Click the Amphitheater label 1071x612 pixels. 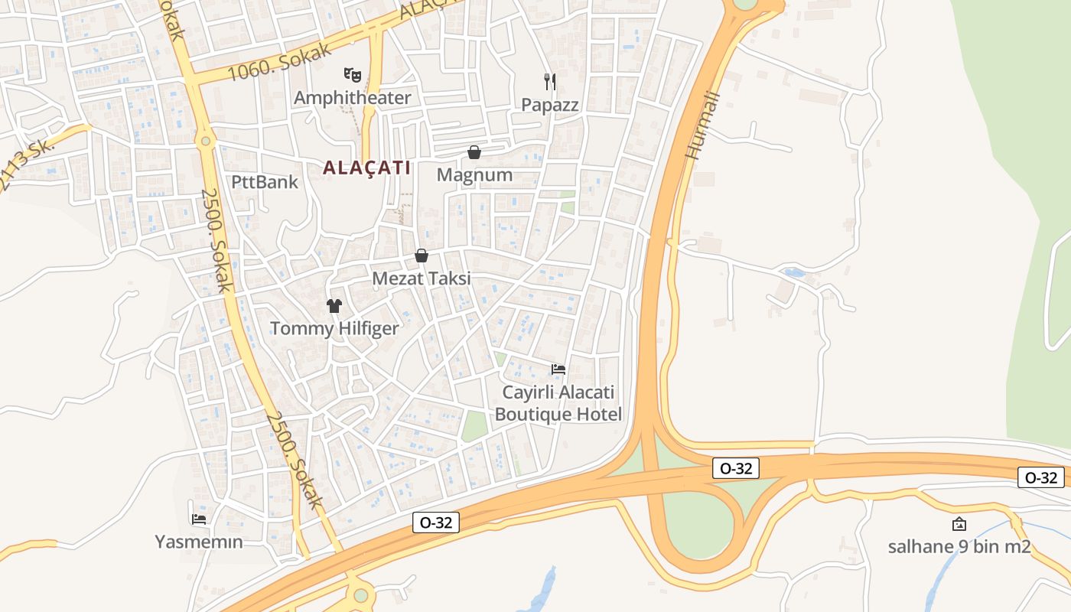[x=352, y=98]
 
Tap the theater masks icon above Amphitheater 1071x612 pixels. [x=352, y=74]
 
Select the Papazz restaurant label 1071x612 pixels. [x=550, y=105]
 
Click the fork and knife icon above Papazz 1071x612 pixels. [x=549, y=80]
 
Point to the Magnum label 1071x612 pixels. [x=474, y=175]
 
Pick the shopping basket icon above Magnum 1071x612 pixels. [x=474, y=152]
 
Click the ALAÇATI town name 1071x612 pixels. [x=367, y=168]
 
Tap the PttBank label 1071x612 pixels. [x=265, y=182]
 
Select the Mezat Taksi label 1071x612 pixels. [x=422, y=278]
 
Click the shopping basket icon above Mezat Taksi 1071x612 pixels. [x=421, y=256]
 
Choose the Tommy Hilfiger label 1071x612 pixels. [x=334, y=329]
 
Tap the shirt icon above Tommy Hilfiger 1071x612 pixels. [x=334, y=306]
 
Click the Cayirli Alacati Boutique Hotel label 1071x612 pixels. [x=558, y=403]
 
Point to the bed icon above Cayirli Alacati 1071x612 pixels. [x=558, y=369]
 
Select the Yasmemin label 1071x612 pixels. [x=199, y=542]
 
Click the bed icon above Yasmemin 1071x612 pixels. [x=199, y=519]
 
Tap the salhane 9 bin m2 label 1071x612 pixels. [x=959, y=547]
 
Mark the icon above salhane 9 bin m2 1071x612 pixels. [x=959, y=524]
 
